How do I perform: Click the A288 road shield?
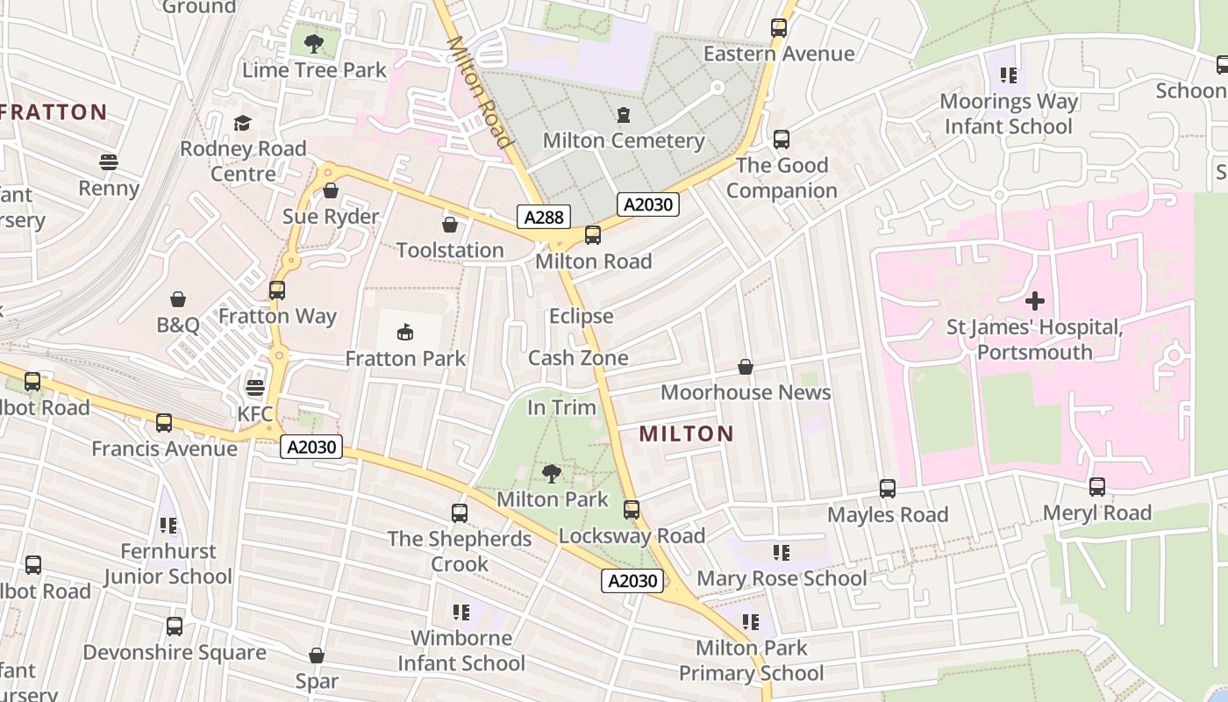[544, 217]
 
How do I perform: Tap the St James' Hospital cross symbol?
[1035, 302]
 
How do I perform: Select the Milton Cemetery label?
[623, 140]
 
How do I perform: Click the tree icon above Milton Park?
[552, 474]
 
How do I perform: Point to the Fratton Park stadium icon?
[405, 332]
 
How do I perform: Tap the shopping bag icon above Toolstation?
[450, 225]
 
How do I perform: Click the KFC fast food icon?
[255, 387]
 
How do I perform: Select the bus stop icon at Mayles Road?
[888, 489]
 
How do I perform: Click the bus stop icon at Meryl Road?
[1096, 487]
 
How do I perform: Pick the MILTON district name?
[686, 433]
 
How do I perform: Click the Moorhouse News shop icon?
[746, 366]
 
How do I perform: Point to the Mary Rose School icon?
[781, 553]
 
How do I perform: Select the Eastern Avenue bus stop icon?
[779, 28]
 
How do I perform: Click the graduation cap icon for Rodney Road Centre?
[242, 123]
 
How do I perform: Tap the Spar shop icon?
[317, 655]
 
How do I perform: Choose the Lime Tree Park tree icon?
[314, 42]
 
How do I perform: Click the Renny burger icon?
[109, 162]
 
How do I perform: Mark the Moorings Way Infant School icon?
[1008, 75]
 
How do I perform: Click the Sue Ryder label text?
[331, 217]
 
